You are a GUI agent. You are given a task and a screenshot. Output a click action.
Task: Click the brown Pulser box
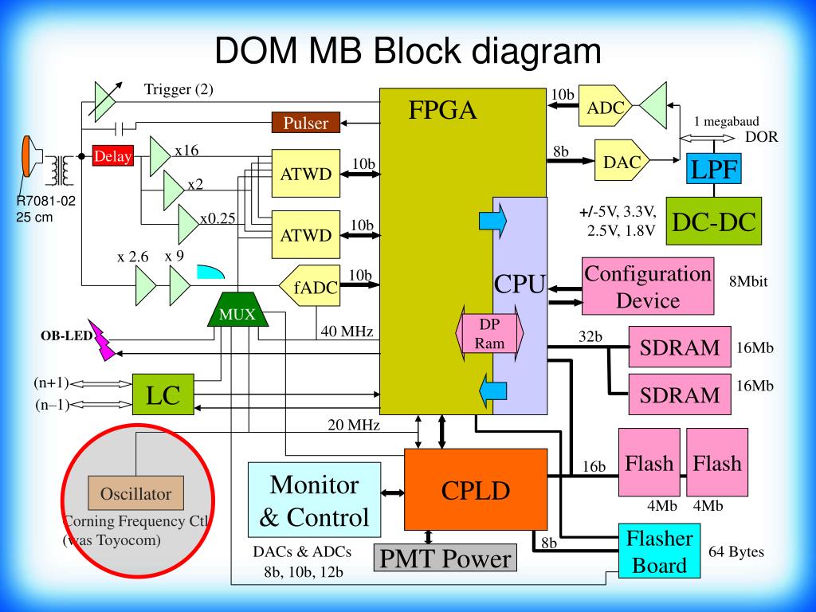(x=306, y=123)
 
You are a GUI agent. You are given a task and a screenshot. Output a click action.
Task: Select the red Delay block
(x=113, y=156)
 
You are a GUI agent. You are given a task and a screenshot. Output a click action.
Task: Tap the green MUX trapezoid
(x=237, y=310)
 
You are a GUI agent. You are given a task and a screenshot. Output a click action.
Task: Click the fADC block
(x=310, y=286)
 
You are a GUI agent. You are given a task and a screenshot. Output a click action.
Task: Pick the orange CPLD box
(x=476, y=490)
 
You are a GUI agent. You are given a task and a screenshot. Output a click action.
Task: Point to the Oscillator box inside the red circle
(x=135, y=492)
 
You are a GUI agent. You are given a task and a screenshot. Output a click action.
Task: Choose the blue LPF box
(x=713, y=169)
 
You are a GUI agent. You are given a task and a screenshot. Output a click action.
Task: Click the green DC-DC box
(x=713, y=222)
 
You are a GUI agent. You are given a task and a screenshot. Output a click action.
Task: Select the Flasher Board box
(x=659, y=551)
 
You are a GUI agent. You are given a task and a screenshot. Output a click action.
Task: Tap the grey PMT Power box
(x=445, y=558)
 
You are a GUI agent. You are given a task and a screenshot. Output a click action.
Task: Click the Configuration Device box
(x=648, y=286)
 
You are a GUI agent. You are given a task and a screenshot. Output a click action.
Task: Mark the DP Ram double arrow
(x=490, y=334)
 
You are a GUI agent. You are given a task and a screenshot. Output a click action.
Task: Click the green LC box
(x=163, y=394)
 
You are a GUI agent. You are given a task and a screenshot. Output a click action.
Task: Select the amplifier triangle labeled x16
(x=159, y=156)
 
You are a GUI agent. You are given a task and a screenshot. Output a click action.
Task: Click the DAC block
(x=622, y=160)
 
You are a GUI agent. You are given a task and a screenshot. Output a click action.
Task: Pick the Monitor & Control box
(x=314, y=500)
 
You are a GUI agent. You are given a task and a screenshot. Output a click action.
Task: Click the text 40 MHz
(x=347, y=331)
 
